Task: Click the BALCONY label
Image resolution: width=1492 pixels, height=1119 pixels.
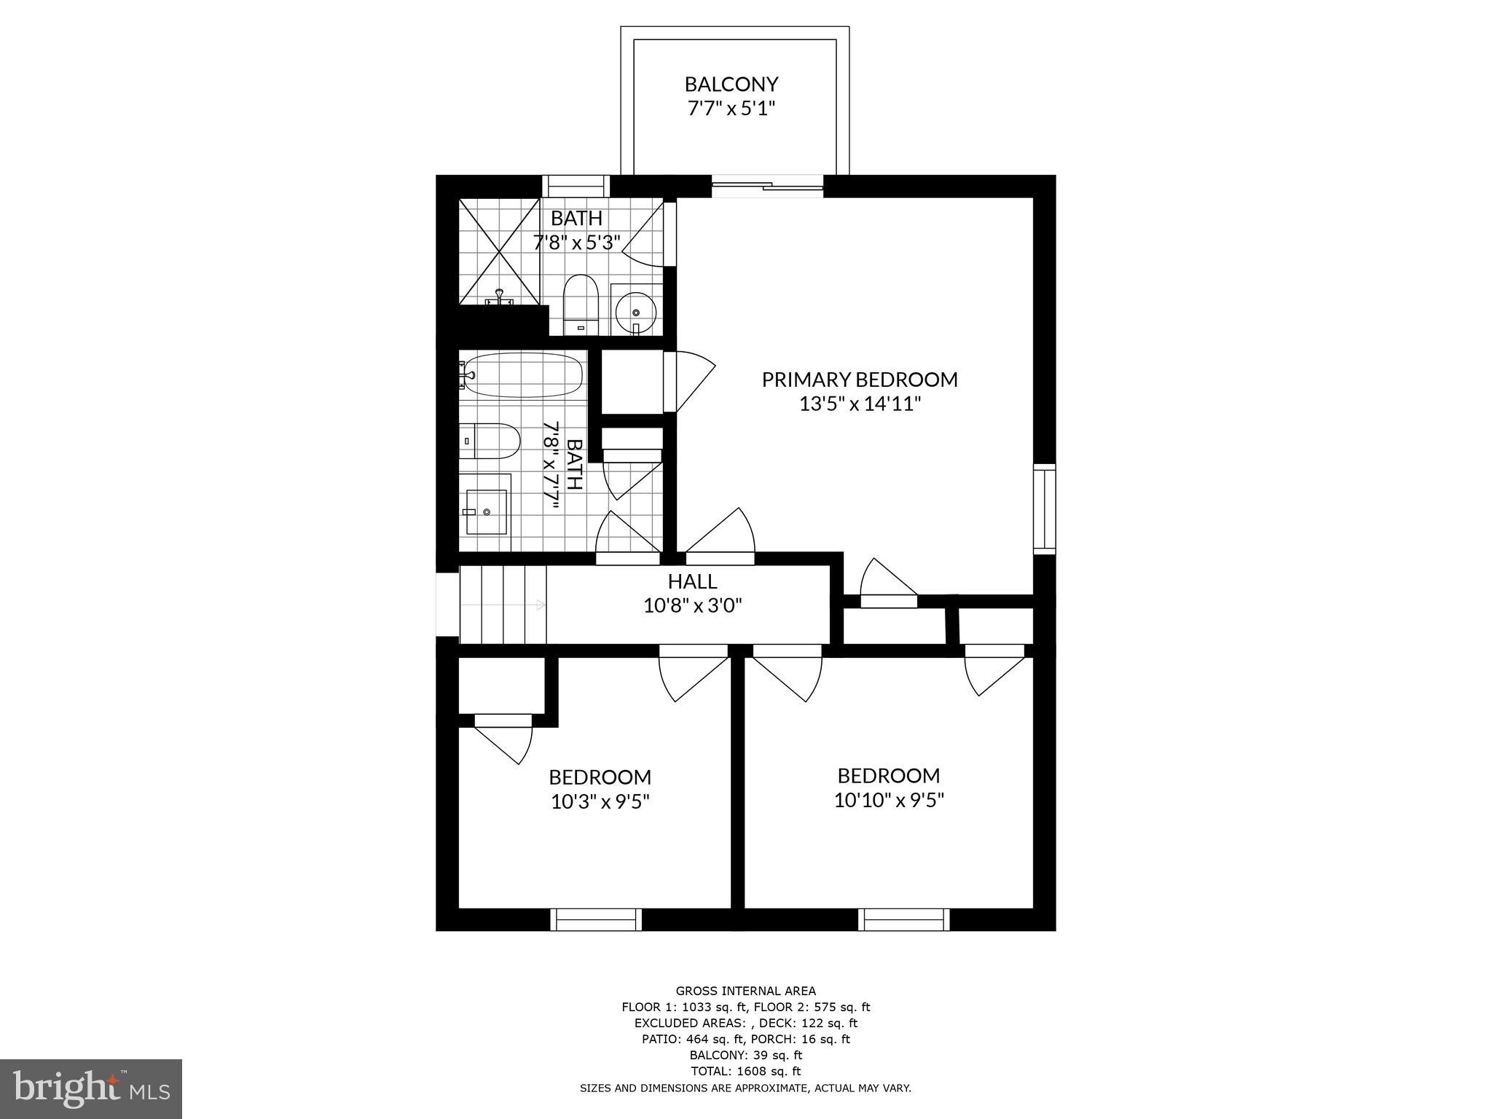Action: click(731, 85)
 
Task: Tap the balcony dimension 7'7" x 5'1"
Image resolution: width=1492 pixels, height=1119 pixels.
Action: click(731, 109)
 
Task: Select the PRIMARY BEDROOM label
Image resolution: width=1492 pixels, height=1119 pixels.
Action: click(860, 380)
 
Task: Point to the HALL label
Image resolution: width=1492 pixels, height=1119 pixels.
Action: click(692, 581)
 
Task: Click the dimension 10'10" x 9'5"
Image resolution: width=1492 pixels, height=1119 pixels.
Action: click(889, 801)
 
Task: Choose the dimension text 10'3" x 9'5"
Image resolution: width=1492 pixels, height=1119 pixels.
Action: click(600, 802)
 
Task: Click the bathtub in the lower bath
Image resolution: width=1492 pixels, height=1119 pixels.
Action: click(523, 375)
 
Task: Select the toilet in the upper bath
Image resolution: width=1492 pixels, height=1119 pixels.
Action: click(581, 304)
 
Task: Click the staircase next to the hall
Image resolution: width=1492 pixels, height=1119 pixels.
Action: click(503, 605)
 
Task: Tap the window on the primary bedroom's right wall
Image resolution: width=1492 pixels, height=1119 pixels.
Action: click(1044, 509)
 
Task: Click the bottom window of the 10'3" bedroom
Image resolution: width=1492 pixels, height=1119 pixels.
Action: click(596, 919)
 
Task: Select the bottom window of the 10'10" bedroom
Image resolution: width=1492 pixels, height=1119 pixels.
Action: click(903, 919)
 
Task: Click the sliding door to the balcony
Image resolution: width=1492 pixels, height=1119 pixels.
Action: click(766, 186)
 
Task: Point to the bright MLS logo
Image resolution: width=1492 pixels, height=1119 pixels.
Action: click(91, 1088)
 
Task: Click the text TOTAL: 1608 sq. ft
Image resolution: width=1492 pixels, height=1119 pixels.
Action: click(745, 1071)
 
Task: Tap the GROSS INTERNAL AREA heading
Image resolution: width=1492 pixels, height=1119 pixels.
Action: click(745, 991)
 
